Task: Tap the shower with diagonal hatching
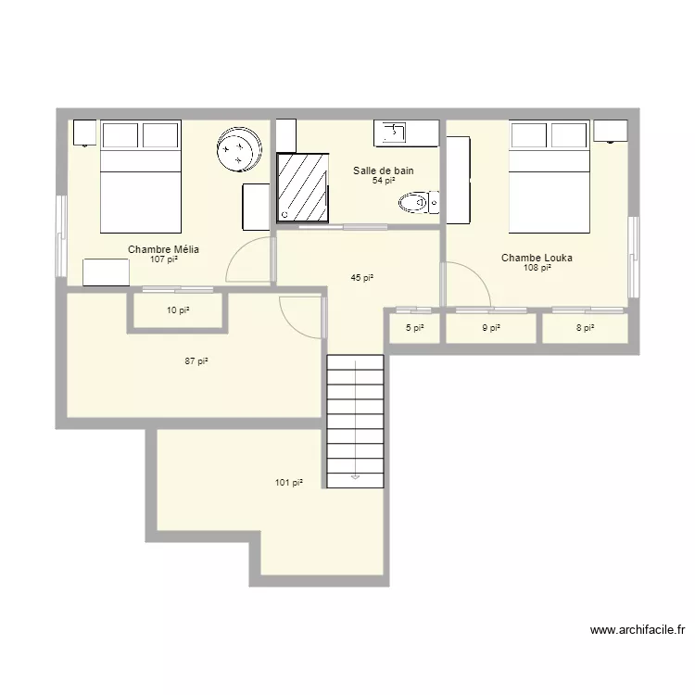pos(302,187)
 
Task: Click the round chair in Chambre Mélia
pos(240,150)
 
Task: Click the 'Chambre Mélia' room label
pos(163,249)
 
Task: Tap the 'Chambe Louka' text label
pos(537,258)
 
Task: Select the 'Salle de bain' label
pos(383,171)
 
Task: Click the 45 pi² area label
pos(361,278)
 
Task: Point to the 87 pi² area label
pos(196,361)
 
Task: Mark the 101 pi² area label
pos(288,482)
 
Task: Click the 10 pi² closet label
pos(178,310)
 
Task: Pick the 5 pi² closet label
pos(413,327)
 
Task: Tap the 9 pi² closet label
pos(491,327)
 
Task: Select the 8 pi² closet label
pos(585,327)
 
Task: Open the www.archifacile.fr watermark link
pos(638,630)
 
